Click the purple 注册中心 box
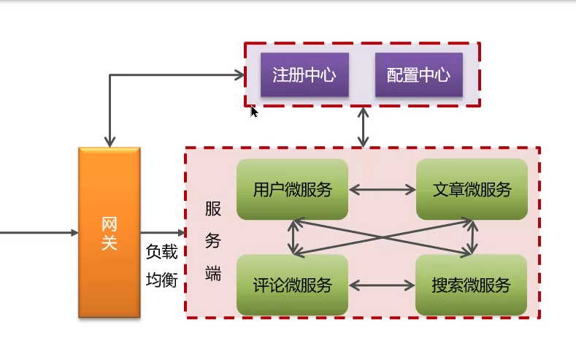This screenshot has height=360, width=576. point(304,74)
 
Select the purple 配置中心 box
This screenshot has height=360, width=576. point(418,74)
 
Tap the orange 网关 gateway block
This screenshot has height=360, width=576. point(109,232)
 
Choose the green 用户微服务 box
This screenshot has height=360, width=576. point(292,189)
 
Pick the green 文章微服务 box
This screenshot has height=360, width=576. point(472,189)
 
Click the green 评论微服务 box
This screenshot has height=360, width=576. point(292,285)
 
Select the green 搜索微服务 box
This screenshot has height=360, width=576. point(472,285)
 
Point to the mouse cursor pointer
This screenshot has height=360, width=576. point(253,111)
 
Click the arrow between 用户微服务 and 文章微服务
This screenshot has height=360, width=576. point(382,190)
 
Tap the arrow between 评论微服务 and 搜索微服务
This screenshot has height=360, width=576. point(382,285)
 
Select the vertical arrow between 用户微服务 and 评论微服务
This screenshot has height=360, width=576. point(293,237)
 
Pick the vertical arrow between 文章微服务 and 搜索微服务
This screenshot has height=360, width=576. point(473,237)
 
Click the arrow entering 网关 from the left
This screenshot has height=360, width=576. point(37,232)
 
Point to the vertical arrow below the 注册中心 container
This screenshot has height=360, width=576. point(363,127)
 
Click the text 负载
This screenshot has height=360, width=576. point(161,253)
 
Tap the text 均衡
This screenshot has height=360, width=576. point(161,280)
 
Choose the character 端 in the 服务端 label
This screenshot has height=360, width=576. point(213,274)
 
